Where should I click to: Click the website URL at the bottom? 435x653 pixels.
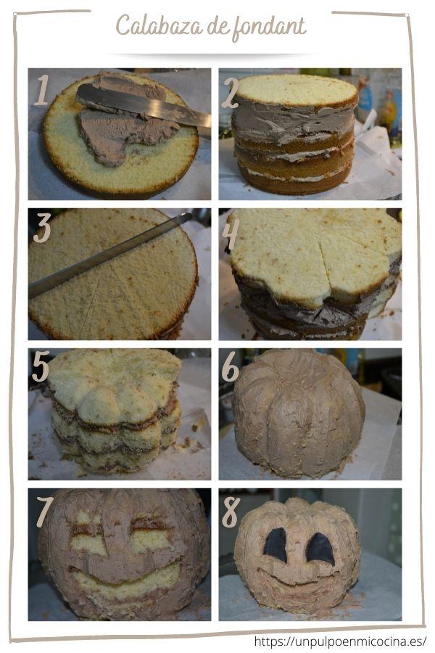(340, 641)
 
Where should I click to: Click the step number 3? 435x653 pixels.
(42, 228)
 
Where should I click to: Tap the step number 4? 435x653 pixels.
(231, 234)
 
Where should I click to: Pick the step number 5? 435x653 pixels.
(41, 366)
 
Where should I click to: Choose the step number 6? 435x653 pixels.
(231, 367)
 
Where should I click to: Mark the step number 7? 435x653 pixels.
(44, 512)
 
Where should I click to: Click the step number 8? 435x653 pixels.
(231, 512)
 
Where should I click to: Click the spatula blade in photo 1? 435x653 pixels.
(144, 106)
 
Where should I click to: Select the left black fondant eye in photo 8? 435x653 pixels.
(275, 545)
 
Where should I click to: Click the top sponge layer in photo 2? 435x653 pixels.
(296, 91)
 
